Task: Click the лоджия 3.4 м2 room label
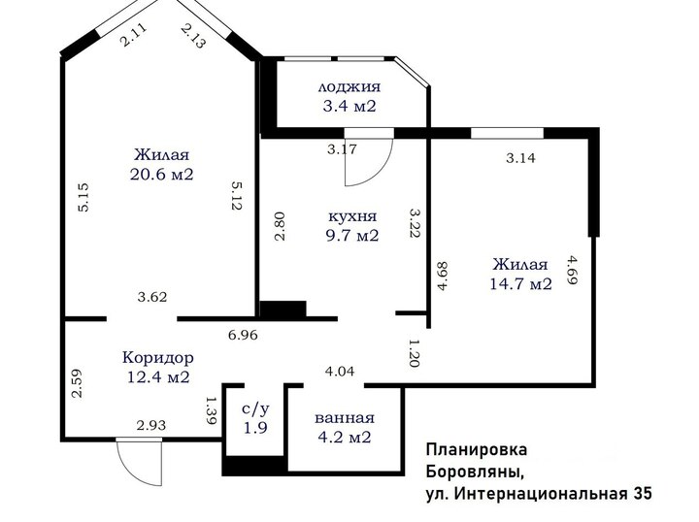tap(349, 96)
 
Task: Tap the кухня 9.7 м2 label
tap(352, 226)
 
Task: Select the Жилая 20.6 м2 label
tap(162, 164)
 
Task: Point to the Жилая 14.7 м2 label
tap(520, 274)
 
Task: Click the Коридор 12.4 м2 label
tap(158, 367)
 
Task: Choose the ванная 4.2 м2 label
tap(344, 428)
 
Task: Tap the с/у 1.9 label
tap(256, 419)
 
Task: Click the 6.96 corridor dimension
tap(243, 335)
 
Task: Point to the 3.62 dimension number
tap(152, 297)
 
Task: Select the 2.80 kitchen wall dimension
tap(280, 226)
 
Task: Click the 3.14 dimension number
tap(520, 158)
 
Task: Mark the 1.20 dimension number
tap(414, 353)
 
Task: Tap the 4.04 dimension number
tap(340, 371)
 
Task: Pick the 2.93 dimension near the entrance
tap(151, 425)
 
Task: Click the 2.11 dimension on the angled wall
tap(132, 35)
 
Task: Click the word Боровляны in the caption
tap(475, 472)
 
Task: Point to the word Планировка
tap(477, 449)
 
